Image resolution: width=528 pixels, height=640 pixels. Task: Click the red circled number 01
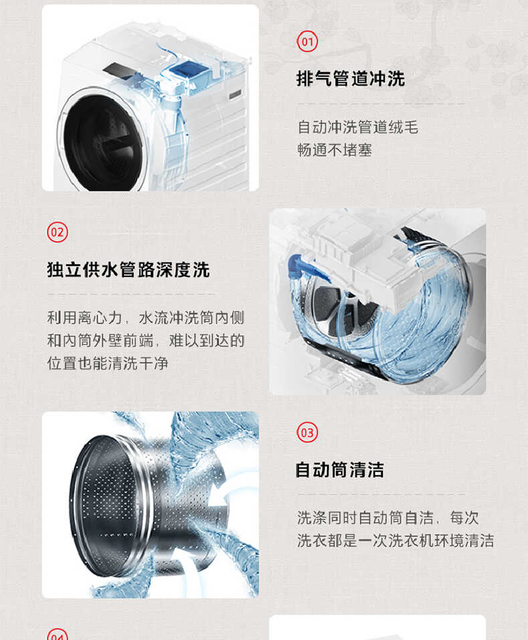pyautogui.click(x=307, y=42)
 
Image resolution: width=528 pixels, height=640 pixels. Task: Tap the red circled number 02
pyautogui.click(x=57, y=232)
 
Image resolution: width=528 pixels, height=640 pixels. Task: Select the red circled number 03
pyautogui.click(x=307, y=432)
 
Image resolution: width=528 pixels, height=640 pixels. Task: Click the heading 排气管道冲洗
pyautogui.click(x=350, y=79)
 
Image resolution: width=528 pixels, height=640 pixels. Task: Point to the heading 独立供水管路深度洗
pyautogui.click(x=128, y=270)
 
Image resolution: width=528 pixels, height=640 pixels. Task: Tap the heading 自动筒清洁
pyautogui.click(x=340, y=470)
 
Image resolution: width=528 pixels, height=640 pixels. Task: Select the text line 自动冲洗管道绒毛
pyautogui.click(x=358, y=127)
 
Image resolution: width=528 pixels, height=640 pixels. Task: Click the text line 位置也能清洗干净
pyautogui.click(x=107, y=364)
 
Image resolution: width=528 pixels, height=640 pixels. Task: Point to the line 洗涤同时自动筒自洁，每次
pyautogui.click(x=388, y=517)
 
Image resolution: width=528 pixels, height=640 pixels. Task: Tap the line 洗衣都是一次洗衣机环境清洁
pyautogui.click(x=395, y=541)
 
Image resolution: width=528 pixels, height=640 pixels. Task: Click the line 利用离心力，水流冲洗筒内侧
pyautogui.click(x=145, y=317)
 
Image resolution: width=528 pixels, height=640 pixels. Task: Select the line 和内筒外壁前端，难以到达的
pyautogui.click(x=145, y=340)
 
